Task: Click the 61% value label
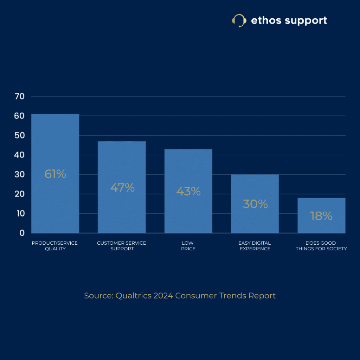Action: (x=55, y=174)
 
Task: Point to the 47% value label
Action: (x=122, y=188)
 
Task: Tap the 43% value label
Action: (x=188, y=192)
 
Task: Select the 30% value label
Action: (x=255, y=204)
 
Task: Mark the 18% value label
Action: (x=321, y=216)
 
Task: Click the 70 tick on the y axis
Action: (x=20, y=96)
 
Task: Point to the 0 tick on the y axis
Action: (x=22, y=233)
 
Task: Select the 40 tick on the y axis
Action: (x=20, y=155)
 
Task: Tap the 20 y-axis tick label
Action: (x=20, y=194)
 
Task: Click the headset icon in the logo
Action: (x=239, y=20)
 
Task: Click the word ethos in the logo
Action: (x=266, y=20)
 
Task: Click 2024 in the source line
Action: (x=163, y=296)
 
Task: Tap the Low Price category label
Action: (x=188, y=246)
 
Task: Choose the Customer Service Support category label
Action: (x=122, y=246)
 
